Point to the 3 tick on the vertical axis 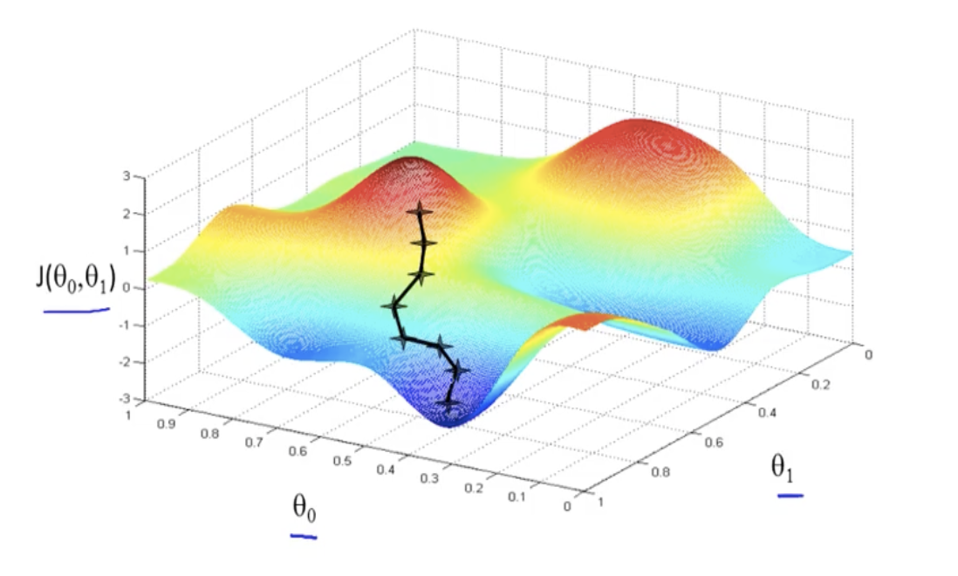(x=127, y=176)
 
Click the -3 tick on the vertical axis (x=126, y=399)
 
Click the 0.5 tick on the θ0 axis (x=342, y=460)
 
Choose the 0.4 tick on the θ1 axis (x=768, y=413)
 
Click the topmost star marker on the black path (x=421, y=210)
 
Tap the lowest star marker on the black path (x=448, y=405)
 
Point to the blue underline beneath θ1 (x=790, y=496)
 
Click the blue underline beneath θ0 (x=303, y=535)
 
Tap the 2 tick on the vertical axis (x=127, y=213)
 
